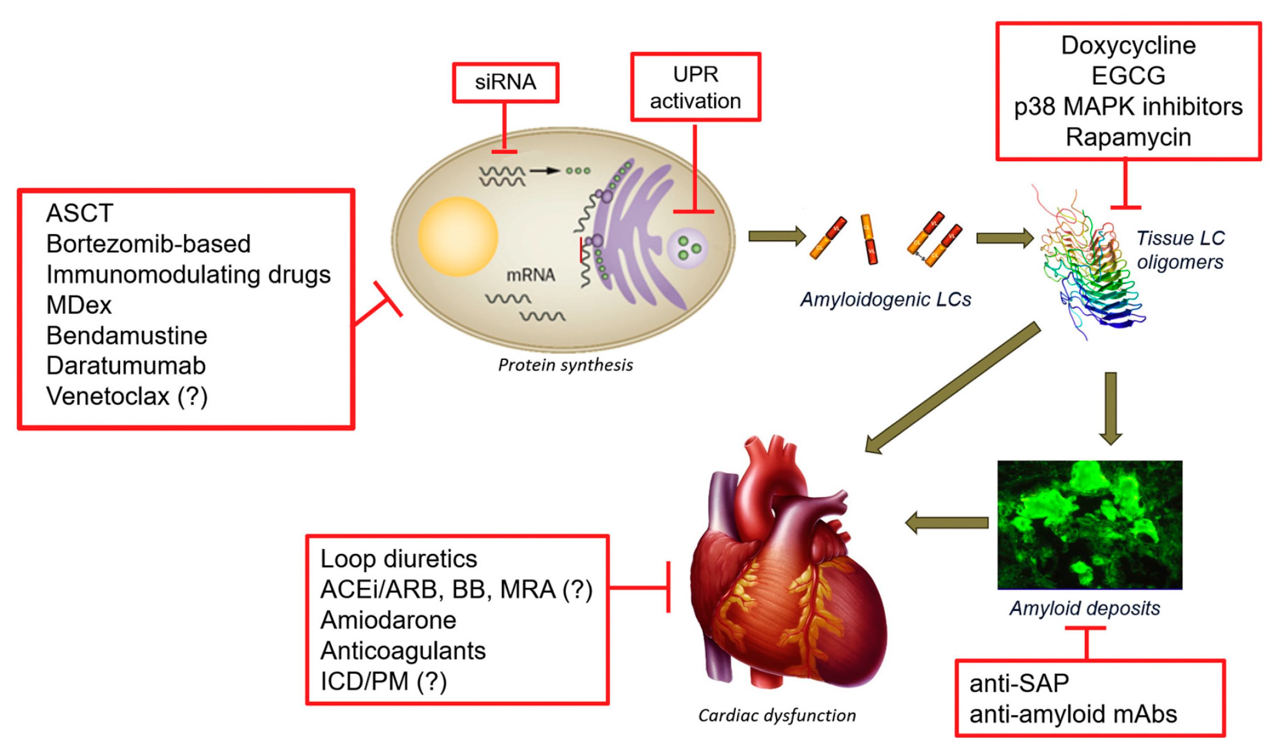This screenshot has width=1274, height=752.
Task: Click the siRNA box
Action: pyautogui.click(x=505, y=82)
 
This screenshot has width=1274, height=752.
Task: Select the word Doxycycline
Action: pyautogui.click(x=1128, y=46)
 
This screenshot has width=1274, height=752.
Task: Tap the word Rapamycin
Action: pyautogui.click(x=1128, y=138)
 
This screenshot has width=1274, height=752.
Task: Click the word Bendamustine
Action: pyautogui.click(x=127, y=336)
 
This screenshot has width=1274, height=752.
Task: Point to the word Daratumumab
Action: pyautogui.click(x=126, y=366)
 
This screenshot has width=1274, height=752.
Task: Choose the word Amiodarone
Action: pyautogui.click(x=388, y=620)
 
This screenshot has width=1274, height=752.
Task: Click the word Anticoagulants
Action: pyautogui.click(x=403, y=651)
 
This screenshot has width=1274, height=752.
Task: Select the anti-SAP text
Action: pyautogui.click(x=1019, y=684)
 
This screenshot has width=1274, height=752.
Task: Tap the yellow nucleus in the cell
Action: pyautogui.click(x=457, y=237)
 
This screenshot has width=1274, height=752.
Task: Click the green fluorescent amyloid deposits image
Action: pyautogui.click(x=1089, y=525)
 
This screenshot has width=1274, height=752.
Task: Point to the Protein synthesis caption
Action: pyautogui.click(x=565, y=365)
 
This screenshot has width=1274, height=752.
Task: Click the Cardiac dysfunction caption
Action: pyautogui.click(x=777, y=715)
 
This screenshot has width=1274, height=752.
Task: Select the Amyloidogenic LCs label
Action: pyautogui.click(x=885, y=299)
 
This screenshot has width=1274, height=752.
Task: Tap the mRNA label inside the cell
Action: pyautogui.click(x=530, y=275)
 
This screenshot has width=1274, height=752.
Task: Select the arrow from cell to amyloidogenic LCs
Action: pyautogui.click(x=777, y=236)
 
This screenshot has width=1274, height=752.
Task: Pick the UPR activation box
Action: pyautogui.click(x=695, y=87)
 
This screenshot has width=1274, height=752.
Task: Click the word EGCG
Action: pyautogui.click(x=1128, y=76)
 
